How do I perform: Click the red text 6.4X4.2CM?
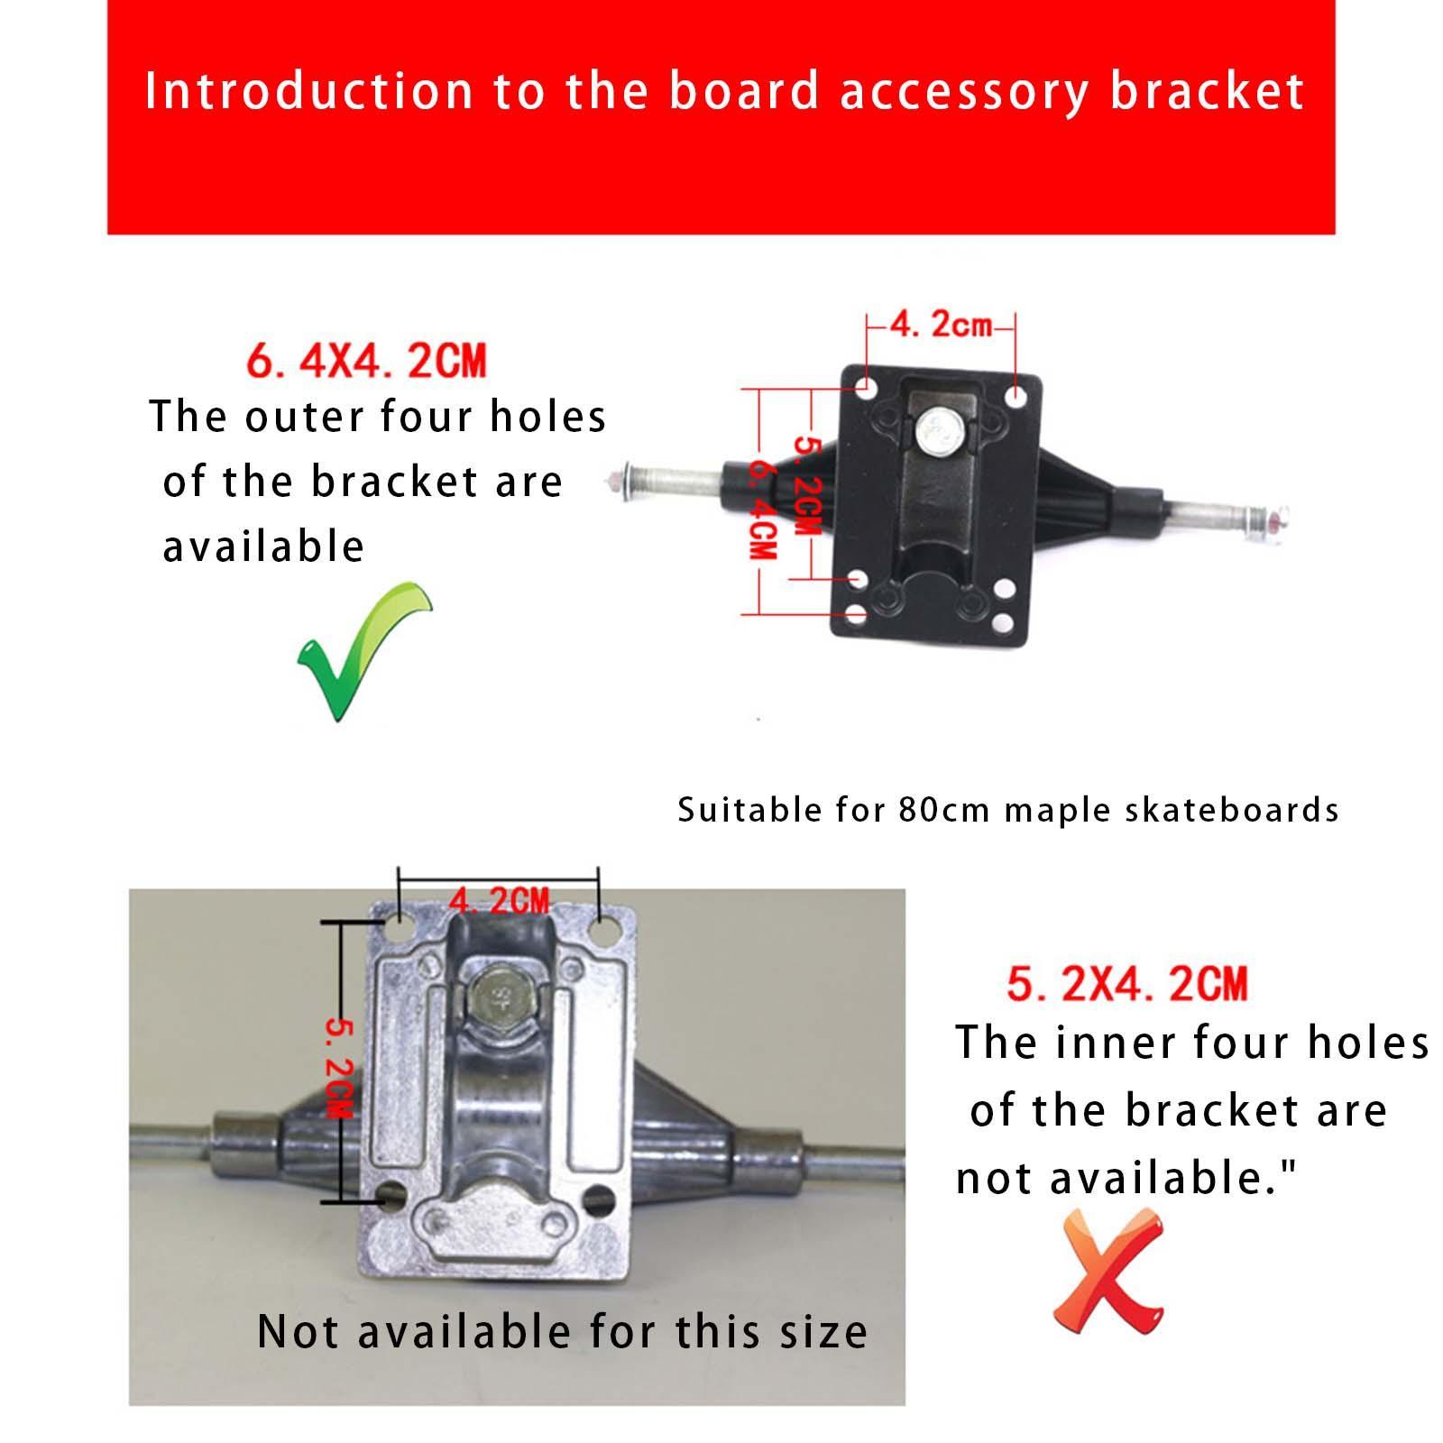coord(366,361)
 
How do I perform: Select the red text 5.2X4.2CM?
coord(1127,983)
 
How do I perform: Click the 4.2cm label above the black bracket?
coord(941,325)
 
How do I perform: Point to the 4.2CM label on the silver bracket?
coord(499,900)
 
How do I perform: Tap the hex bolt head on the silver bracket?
coord(495,996)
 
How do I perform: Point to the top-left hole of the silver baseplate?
coord(398,927)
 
